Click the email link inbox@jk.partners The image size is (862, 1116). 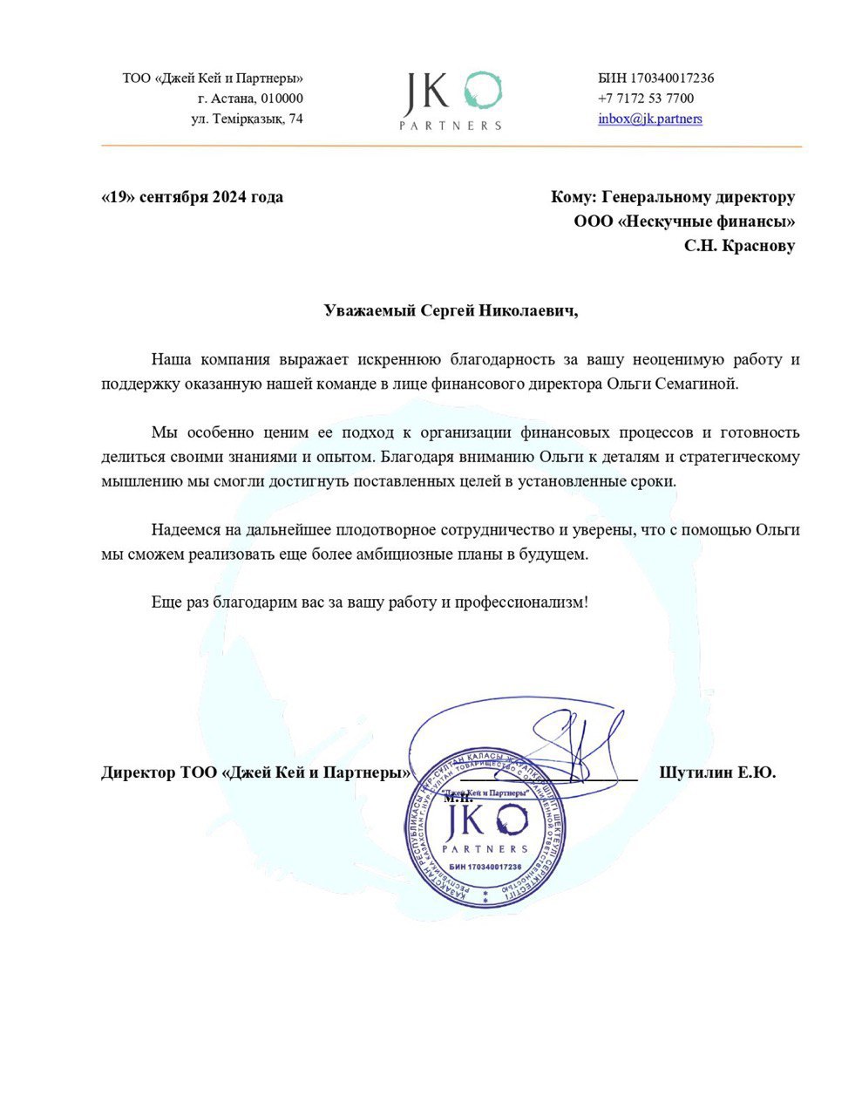[x=649, y=119]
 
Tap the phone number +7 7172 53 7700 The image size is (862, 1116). [x=646, y=99]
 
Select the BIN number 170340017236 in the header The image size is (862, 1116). [x=672, y=78]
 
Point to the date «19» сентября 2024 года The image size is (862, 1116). [x=193, y=197]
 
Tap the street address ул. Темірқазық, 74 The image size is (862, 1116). [x=248, y=119]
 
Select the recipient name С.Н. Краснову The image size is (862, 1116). [x=739, y=247]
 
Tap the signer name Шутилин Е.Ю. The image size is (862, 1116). [x=717, y=772]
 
